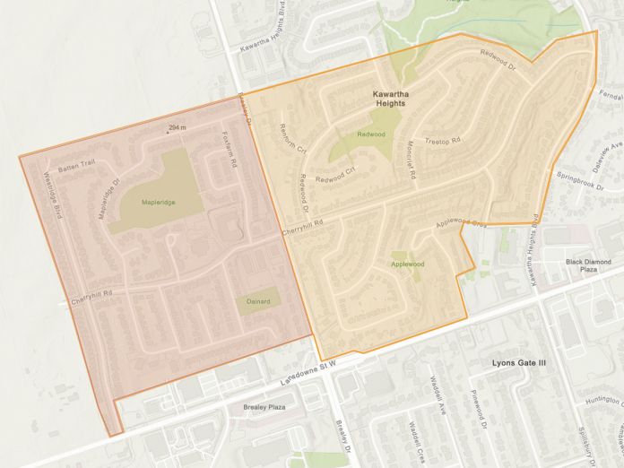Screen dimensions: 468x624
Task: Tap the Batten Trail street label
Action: click(x=76, y=168)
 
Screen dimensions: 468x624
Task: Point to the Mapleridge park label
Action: click(x=158, y=203)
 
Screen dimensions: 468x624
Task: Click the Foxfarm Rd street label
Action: click(x=228, y=151)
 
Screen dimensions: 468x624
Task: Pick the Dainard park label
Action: click(x=257, y=301)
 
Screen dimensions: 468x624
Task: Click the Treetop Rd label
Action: click(x=442, y=141)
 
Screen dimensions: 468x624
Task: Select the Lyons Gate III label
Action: click(x=519, y=363)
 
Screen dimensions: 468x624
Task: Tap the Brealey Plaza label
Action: click(x=264, y=407)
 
